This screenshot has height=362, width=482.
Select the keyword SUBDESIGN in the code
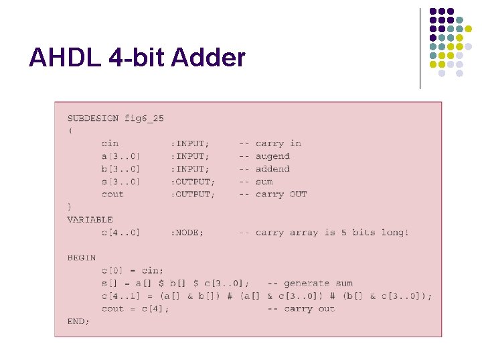click(93, 118)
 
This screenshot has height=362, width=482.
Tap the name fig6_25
click(144, 118)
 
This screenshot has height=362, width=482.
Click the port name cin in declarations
click(110, 143)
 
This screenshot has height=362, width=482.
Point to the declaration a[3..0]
click(120, 156)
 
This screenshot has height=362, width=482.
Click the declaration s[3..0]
click(120, 182)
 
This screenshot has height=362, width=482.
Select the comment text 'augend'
click(272, 156)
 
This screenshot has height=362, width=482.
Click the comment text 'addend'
click(272, 169)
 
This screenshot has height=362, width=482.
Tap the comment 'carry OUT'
click(281, 194)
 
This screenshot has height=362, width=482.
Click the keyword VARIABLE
click(90, 219)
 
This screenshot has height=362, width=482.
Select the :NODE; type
click(187, 233)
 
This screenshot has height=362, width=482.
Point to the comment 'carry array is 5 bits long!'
click(332, 233)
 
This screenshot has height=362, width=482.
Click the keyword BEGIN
click(82, 257)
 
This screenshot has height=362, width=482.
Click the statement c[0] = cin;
click(132, 270)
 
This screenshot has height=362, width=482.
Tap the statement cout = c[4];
click(135, 308)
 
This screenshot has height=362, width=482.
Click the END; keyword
click(78, 321)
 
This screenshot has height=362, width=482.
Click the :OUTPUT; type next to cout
click(193, 194)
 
